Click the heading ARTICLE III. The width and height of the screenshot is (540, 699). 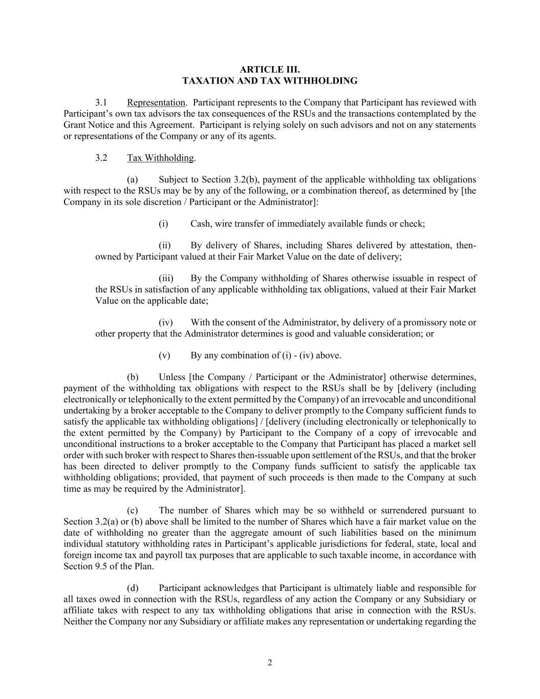click(270, 69)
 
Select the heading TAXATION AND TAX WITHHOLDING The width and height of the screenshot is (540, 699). click(270, 80)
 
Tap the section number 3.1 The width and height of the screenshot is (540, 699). click(101, 102)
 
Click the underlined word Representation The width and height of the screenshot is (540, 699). click(156, 102)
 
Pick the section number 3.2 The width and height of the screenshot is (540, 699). click(101, 158)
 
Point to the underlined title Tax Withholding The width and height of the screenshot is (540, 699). click(160, 158)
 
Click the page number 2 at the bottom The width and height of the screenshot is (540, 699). click(270, 663)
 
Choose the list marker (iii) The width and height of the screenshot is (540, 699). click(166, 279)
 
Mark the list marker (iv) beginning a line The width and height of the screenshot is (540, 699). click(165, 323)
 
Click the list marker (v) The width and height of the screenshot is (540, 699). click(164, 355)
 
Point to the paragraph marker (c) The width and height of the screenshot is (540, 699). click(133, 511)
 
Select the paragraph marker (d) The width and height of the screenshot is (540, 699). click(133, 588)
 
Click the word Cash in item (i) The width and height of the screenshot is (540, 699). click(201, 224)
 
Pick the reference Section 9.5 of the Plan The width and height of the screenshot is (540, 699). click(109, 566)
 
